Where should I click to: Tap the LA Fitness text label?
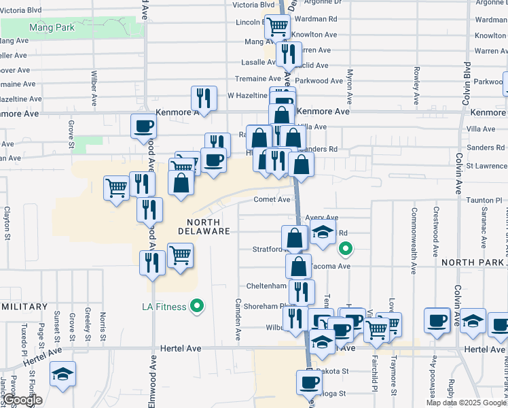coord(164,307)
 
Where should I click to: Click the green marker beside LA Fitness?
coord(198,307)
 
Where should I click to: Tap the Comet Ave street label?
coord(272,199)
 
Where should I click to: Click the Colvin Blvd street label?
coord(467,80)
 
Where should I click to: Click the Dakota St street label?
coord(334,371)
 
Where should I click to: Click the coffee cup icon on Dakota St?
coord(308,381)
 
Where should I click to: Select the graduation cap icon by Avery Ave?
coord(324,231)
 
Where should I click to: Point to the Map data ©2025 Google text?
coord(465,403)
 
